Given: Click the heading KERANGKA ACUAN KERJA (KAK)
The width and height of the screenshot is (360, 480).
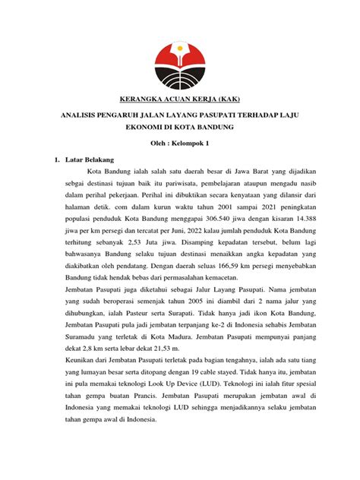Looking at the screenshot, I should (x=180, y=99).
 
